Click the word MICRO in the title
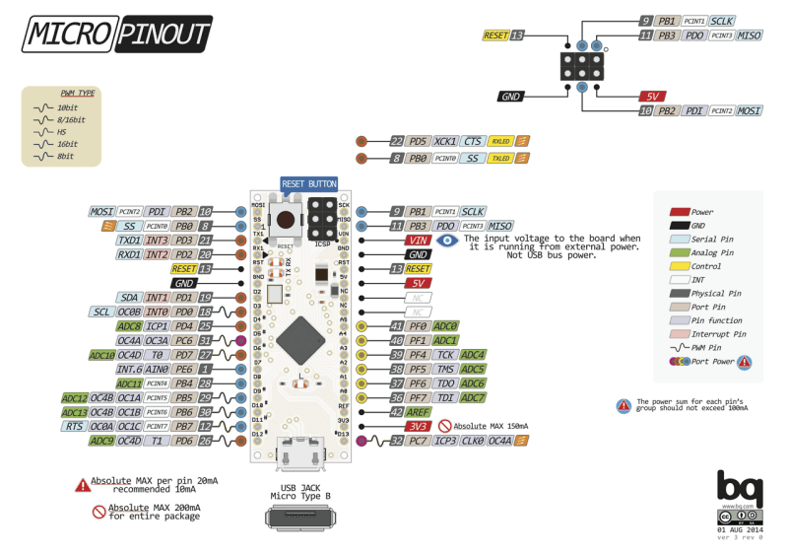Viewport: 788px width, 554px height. point(65,35)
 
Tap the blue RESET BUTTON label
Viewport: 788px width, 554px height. point(308,184)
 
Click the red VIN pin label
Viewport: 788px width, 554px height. point(419,240)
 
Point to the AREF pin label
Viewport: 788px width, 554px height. point(418,411)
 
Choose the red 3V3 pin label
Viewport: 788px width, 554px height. point(418,426)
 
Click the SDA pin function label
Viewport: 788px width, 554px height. point(129,297)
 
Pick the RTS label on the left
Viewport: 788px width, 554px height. point(75,426)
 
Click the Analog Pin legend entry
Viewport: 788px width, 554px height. point(711,252)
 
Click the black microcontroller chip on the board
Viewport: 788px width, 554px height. point(299,341)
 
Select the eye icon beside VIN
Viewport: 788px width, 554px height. point(449,240)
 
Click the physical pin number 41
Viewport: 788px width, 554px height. point(396,325)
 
